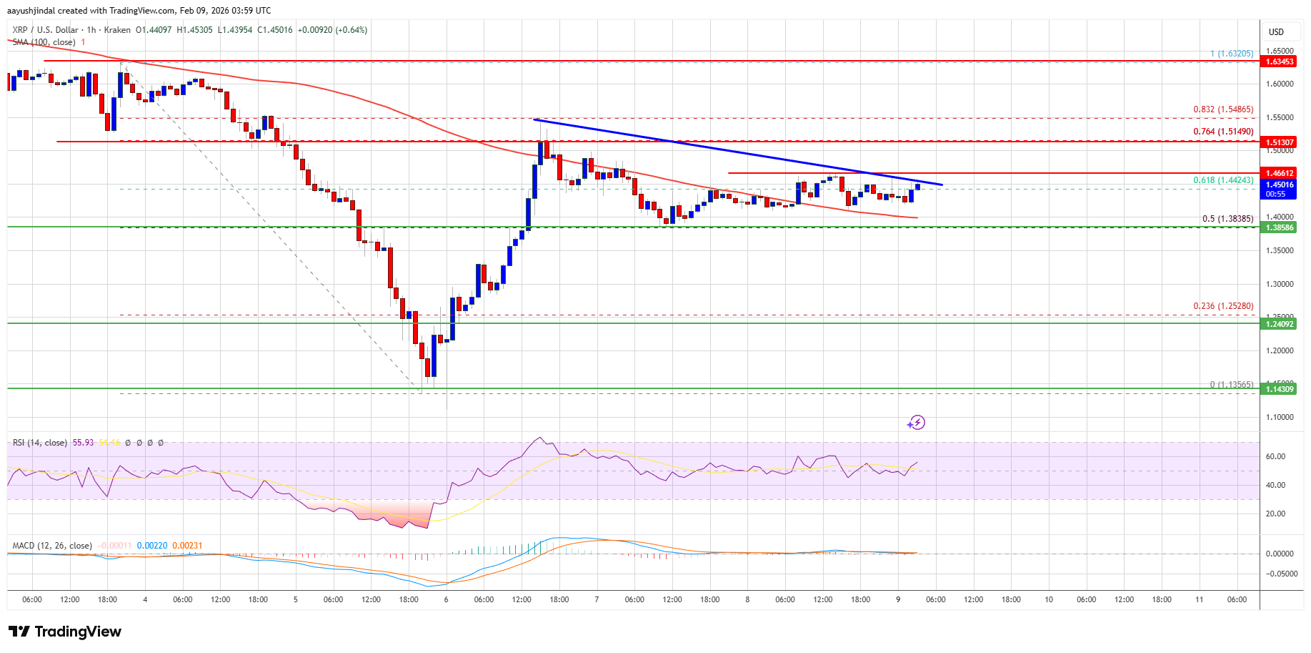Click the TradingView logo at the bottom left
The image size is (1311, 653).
tap(64, 632)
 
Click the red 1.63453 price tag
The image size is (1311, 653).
tap(1280, 62)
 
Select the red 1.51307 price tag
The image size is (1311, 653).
tap(1280, 142)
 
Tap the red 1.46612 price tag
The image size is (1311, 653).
tap(1280, 173)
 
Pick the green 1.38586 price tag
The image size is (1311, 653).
tap(1280, 227)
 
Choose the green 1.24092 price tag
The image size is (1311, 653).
tap(1280, 324)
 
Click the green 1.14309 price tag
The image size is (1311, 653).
tap(1280, 389)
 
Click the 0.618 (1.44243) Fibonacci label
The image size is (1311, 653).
tap(1223, 180)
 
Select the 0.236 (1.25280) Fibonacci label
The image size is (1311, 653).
tap(1223, 306)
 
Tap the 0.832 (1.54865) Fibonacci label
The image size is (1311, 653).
tap(1223, 109)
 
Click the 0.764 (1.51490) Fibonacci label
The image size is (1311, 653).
tap(1223, 132)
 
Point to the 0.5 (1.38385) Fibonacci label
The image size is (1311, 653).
tap(1227, 219)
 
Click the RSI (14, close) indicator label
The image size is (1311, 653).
tap(40, 443)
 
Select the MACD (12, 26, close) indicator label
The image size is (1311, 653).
tap(52, 546)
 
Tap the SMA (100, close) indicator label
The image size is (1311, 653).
tap(44, 42)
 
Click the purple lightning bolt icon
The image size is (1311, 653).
tap(916, 423)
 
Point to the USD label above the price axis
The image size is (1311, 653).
tap(1276, 31)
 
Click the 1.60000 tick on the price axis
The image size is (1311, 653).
tap(1280, 84)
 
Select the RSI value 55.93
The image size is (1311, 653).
tap(84, 443)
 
